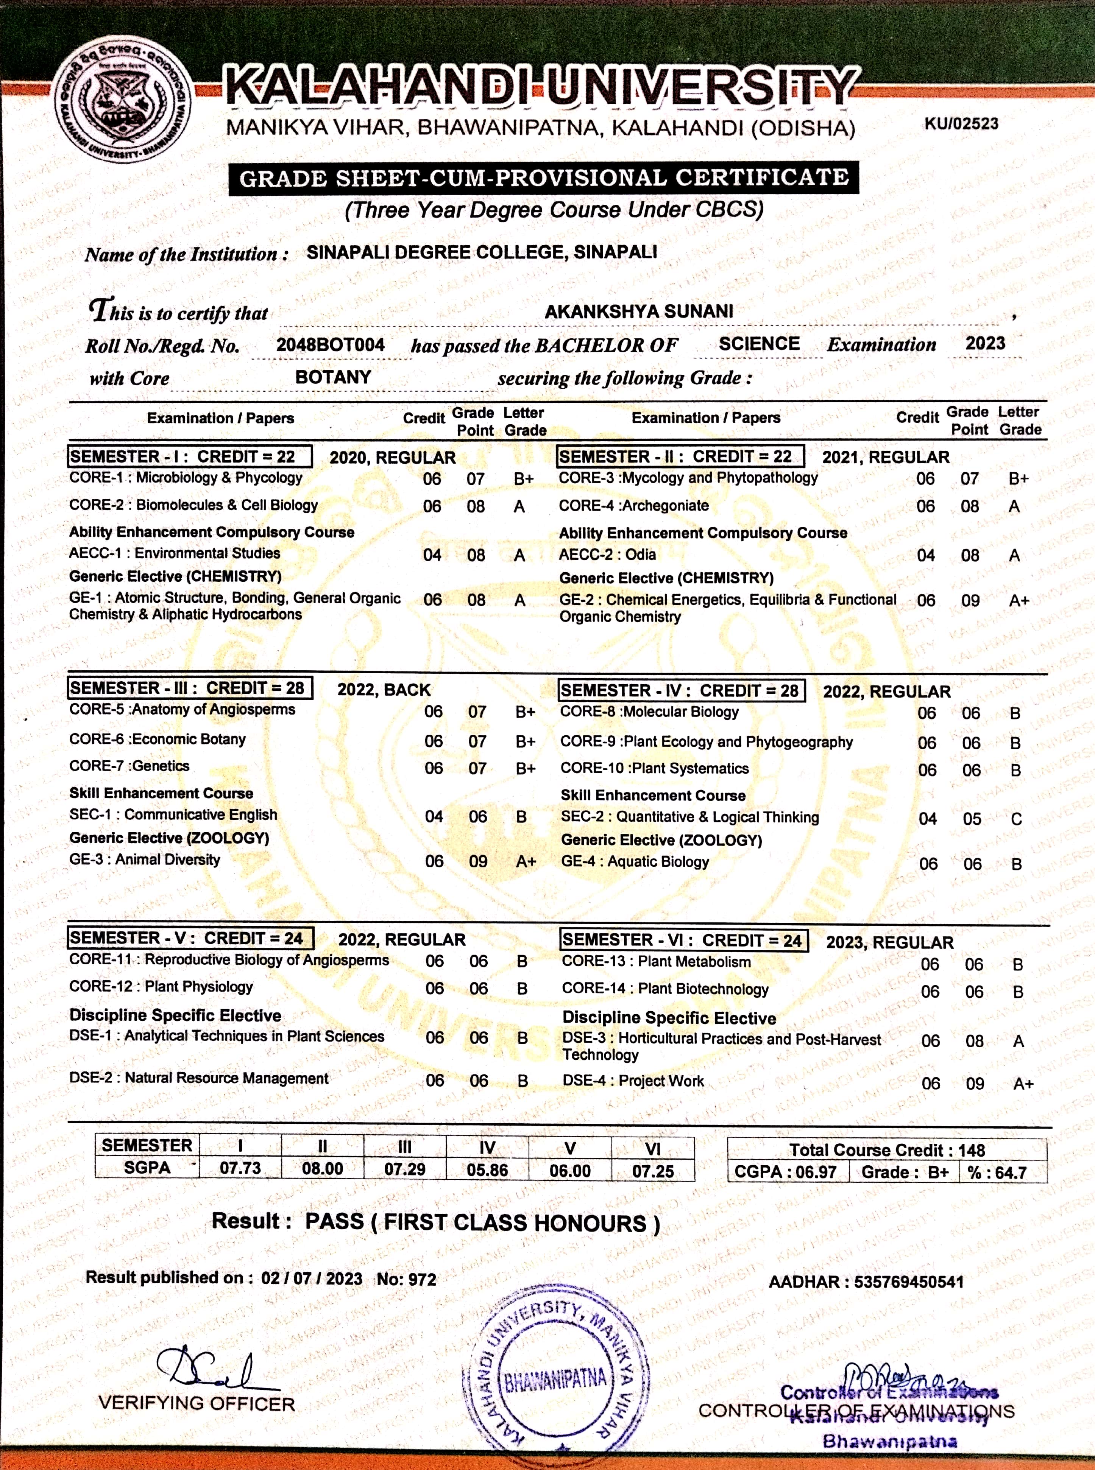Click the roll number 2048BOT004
click(x=330, y=344)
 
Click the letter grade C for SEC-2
click(x=1016, y=819)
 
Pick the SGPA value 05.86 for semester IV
click(x=487, y=1170)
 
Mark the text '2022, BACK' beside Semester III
click(x=384, y=690)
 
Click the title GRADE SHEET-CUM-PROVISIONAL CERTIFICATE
click(x=543, y=178)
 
